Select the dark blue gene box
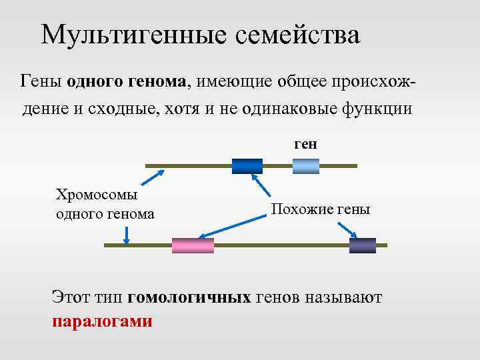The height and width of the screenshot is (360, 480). click(247, 166)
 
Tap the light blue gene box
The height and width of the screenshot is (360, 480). click(306, 166)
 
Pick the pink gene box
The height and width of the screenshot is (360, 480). click(193, 245)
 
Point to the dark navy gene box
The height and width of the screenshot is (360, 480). click(362, 245)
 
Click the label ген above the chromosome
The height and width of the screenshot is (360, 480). click(305, 143)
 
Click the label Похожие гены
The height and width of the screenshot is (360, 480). click(320, 209)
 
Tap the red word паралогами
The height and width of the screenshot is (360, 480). click(102, 321)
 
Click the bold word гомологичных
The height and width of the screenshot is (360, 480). click(189, 297)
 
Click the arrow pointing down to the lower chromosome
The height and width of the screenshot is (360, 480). click(126, 234)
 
